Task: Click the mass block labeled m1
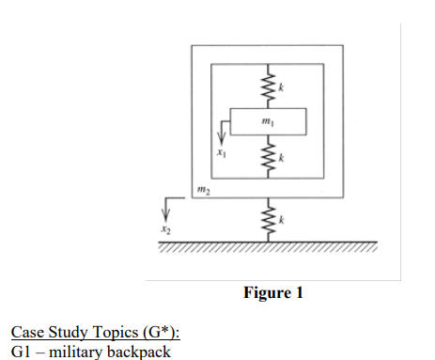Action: click(x=267, y=123)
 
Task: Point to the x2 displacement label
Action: click(x=165, y=228)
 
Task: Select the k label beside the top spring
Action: click(x=281, y=87)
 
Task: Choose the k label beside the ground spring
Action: click(x=281, y=220)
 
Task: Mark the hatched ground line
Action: click(x=267, y=246)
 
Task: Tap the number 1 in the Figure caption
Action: click(x=300, y=293)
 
